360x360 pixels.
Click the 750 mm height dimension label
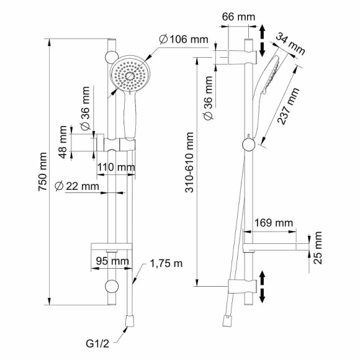coord(43,171)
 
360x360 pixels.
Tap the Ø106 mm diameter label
coord(184,40)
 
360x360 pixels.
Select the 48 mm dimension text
coord(63,142)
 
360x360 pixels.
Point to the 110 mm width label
coord(116,167)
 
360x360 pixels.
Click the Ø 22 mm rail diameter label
coord(77,186)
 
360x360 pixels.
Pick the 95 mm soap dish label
coord(112,261)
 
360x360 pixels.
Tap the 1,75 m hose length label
coord(166,263)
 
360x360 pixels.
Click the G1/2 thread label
coord(97,344)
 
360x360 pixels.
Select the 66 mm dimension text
coord(238,17)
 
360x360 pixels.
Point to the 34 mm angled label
coord(290,44)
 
